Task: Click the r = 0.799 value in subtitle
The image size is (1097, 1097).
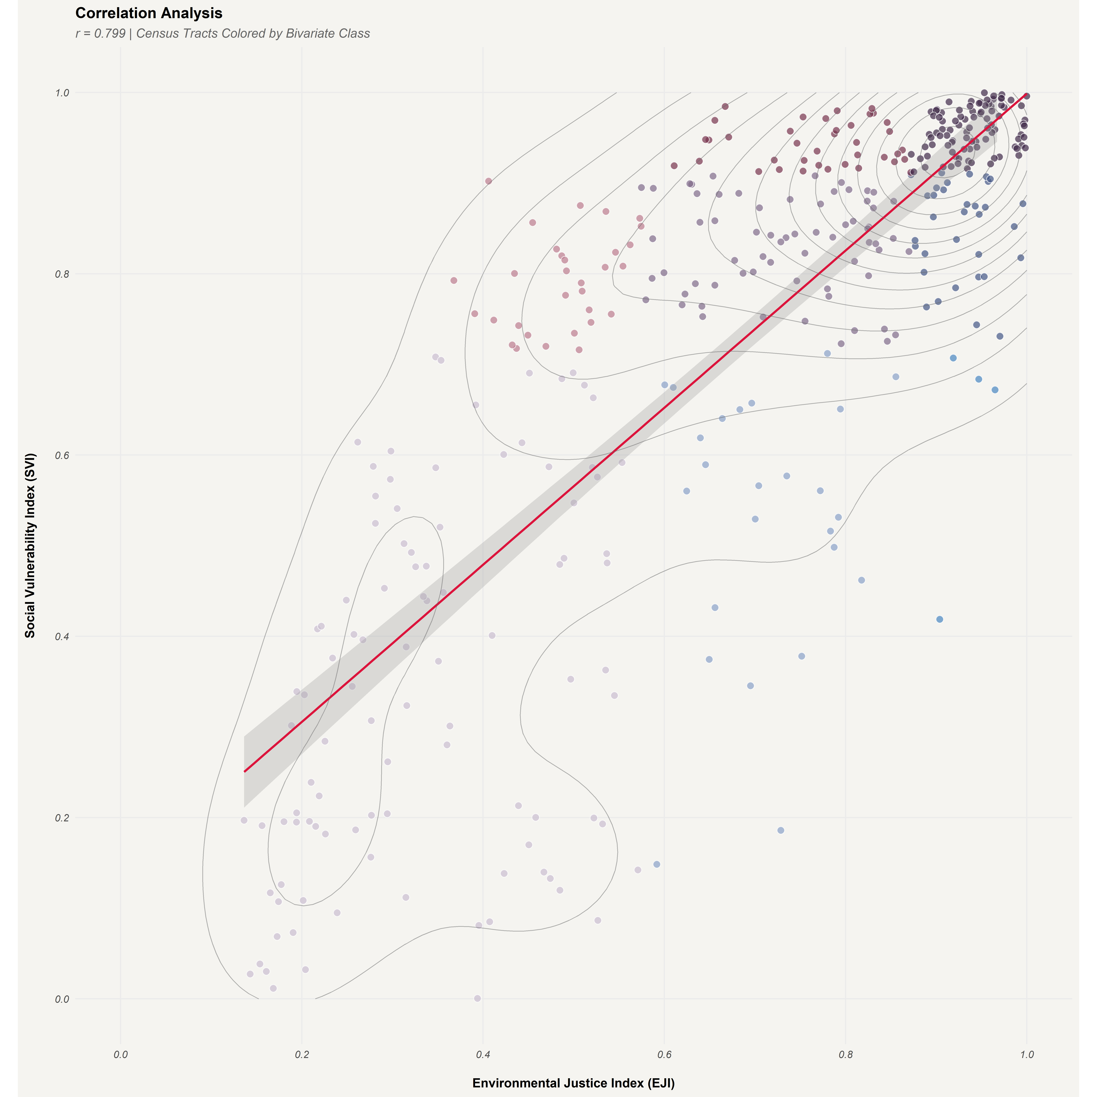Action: pos(101,34)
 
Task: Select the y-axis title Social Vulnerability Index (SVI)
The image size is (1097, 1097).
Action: pos(30,545)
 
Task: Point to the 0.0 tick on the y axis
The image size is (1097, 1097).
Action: pos(62,999)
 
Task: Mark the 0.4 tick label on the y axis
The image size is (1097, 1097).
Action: pos(62,637)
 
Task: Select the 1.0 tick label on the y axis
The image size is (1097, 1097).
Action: pos(62,92)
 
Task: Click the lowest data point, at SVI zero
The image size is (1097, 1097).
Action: pos(477,998)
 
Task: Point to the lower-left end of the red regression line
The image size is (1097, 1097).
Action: pos(245,771)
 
